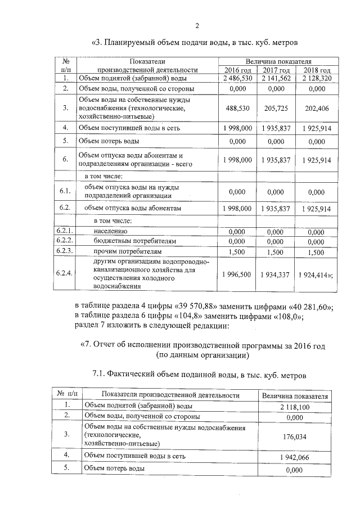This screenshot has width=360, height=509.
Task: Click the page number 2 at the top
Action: [197, 25]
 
